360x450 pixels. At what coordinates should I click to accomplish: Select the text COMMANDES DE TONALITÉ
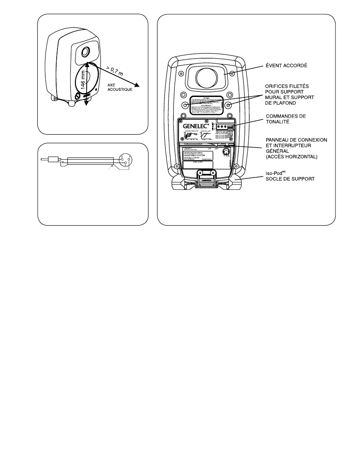[x=287, y=119]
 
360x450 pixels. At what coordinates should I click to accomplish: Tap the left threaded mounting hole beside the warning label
[x=185, y=105]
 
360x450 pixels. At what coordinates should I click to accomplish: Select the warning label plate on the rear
[x=207, y=104]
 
